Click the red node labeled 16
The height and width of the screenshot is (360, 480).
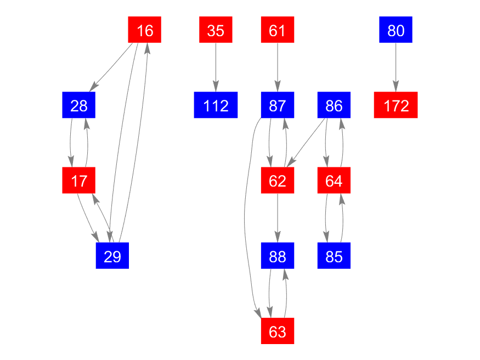click(x=145, y=30)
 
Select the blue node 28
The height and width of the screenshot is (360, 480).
click(x=79, y=105)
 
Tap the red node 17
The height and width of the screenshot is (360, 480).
click(x=79, y=181)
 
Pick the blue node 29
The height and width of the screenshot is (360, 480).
click(x=112, y=256)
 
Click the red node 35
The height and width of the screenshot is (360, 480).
click(x=216, y=30)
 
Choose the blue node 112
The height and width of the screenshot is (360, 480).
click(x=216, y=105)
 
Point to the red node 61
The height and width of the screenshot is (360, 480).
click(x=278, y=30)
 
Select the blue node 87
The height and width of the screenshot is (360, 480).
click(x=278, y=105)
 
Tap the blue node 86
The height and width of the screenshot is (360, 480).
click(x=334, y=105)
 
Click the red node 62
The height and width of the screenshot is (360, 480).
click(x=278, y=181)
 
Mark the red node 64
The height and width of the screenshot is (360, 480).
click(x=334, y=181)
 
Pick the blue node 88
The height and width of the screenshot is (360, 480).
click(x=278, y=256)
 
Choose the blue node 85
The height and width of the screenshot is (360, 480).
click(x=334, y=256)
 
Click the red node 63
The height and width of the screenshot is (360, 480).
click(x=278, y=331)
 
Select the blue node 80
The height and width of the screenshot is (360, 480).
click(x=396, y=30)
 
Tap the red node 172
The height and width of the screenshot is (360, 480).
click(x=396, y=105)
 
